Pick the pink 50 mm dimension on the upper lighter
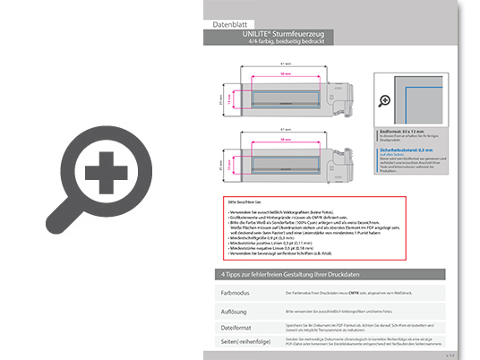(x=284, y=74)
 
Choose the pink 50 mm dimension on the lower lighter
(x=284, y=141)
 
